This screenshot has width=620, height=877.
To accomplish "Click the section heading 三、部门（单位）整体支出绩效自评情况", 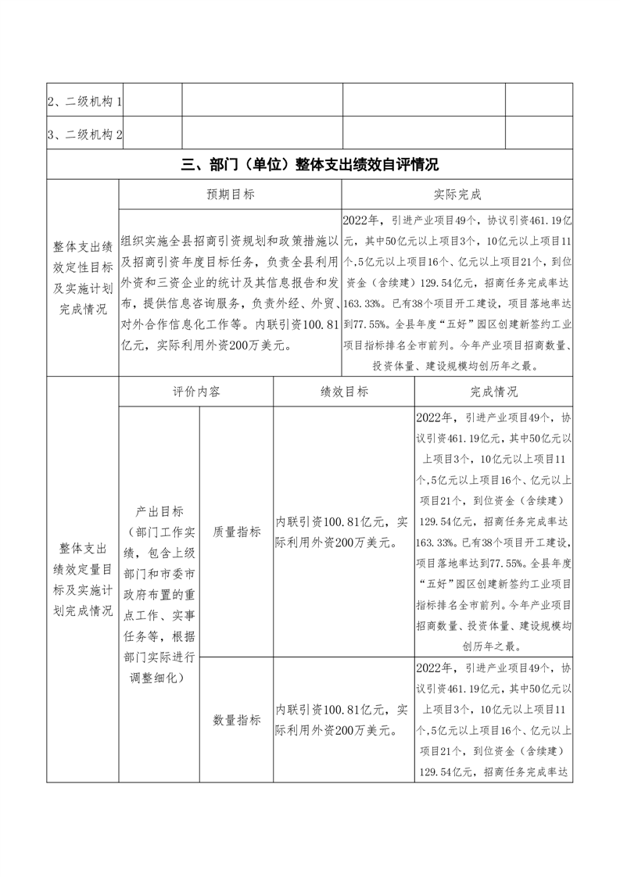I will [x=310, y=164].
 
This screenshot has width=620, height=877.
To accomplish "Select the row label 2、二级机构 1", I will [x=84, y=101].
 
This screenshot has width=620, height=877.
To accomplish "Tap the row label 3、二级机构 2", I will [x=84, y=134].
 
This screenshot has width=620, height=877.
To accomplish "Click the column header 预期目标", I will [x=230, y=194].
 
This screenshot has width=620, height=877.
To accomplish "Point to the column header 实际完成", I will [x=457, y=194].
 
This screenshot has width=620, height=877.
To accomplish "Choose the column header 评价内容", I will [x=196, y=392].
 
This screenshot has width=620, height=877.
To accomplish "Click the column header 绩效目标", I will [x=344, y=392].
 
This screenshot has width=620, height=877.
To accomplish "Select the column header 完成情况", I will [x=493, y=392].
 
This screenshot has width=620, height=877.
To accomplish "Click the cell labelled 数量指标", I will [x=237, y=720].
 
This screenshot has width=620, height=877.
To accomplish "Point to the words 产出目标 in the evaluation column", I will [x=159, y=511].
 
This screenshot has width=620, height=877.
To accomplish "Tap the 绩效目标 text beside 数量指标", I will [x=343, y=720].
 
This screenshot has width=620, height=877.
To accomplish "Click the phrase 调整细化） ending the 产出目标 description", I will [x=159, y=678].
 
